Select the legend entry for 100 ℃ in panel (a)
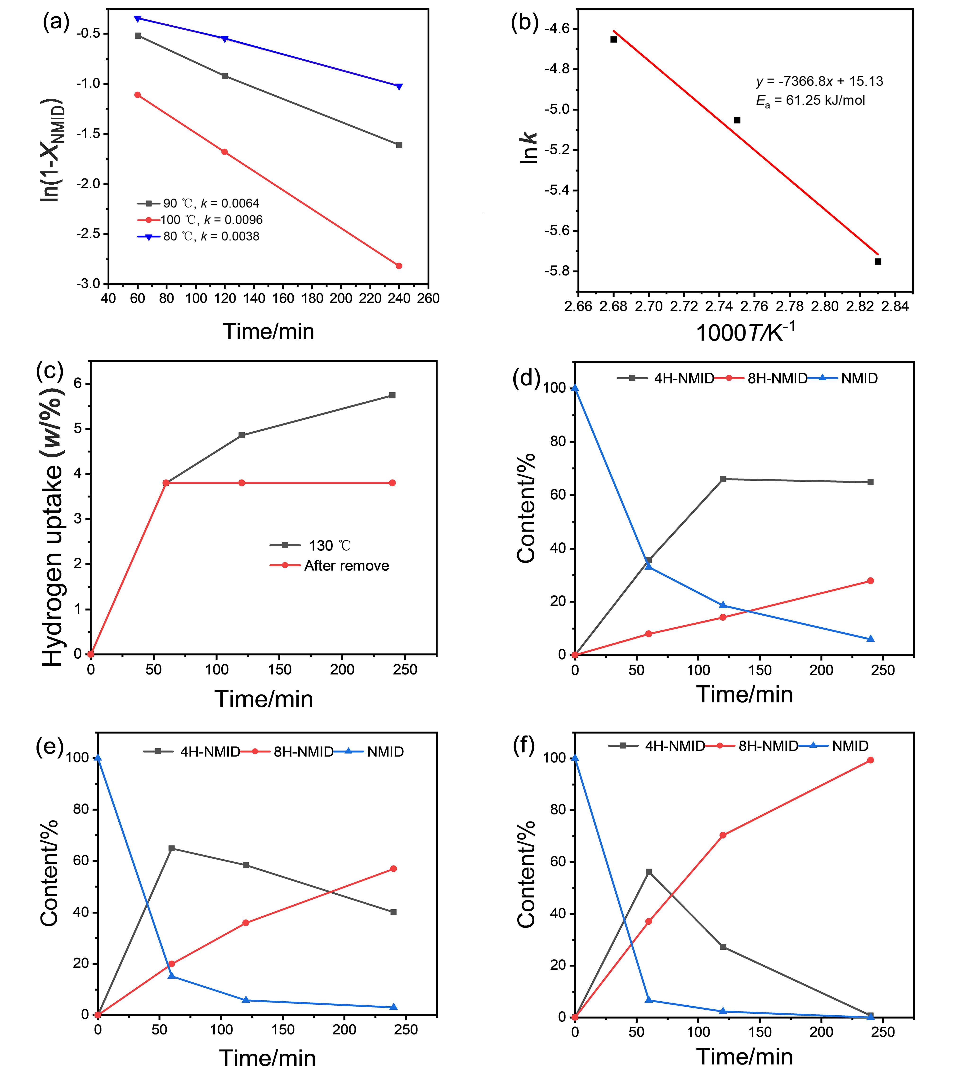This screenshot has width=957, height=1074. click(x=210, y=220)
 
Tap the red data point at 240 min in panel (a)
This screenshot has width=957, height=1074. click(x=399, y=266)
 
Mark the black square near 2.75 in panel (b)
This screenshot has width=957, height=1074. click(x=737, y=120)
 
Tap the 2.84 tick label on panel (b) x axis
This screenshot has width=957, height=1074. click(x=895, y=306)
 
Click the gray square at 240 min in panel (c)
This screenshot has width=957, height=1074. click(x=392, y=395)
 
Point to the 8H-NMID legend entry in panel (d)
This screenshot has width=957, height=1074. click(x=777, y=378)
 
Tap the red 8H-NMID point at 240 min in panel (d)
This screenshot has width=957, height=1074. click(x=871, y=581)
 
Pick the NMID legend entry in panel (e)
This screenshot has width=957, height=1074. click(x=385, y=752)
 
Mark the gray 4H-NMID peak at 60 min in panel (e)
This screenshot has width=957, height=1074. click(x=171, y=848)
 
